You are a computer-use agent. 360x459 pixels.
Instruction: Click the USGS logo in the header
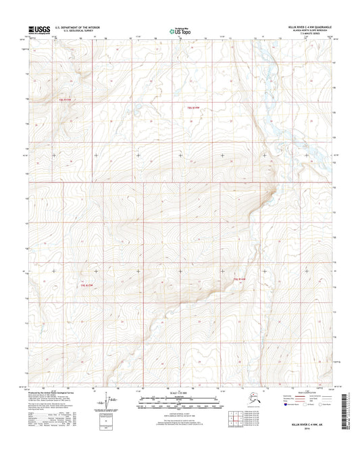38,30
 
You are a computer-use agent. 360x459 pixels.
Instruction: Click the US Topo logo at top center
179,30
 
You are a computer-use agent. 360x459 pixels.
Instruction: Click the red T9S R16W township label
194,107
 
